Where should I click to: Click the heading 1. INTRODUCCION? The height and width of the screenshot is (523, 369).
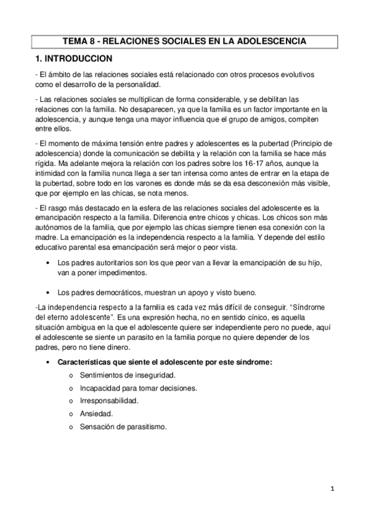coord(73,59)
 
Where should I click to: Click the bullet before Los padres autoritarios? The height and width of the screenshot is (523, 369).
coord(49,263)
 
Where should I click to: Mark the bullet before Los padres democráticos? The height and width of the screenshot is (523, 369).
coord(49,292)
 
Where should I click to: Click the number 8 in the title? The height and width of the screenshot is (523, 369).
coord(94,42)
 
